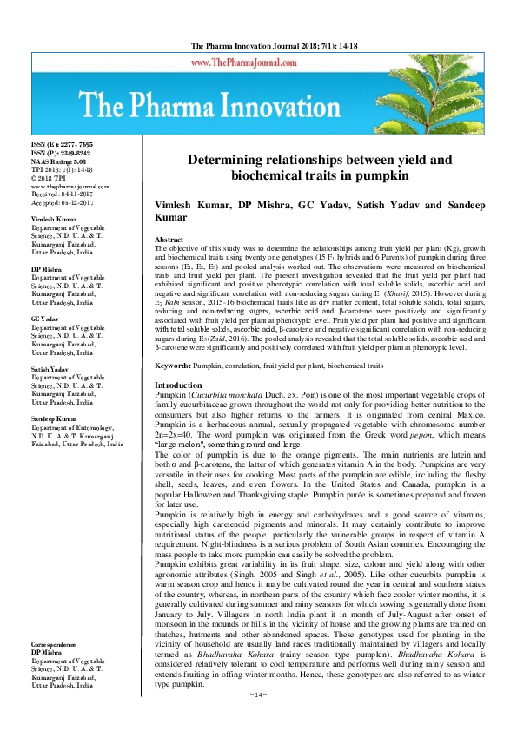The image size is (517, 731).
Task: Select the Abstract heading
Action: [x=169, y=239]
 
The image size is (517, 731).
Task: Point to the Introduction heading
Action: [x=178, y=385]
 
